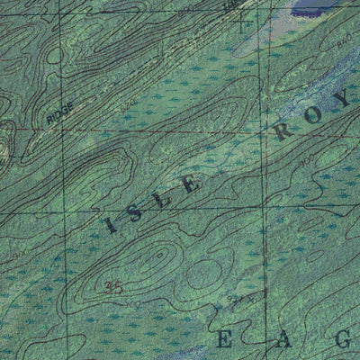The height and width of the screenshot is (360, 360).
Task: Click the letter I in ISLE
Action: (112, 224)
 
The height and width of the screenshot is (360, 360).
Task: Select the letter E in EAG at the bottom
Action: (225, 339)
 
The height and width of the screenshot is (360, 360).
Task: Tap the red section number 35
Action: (113, 287)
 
